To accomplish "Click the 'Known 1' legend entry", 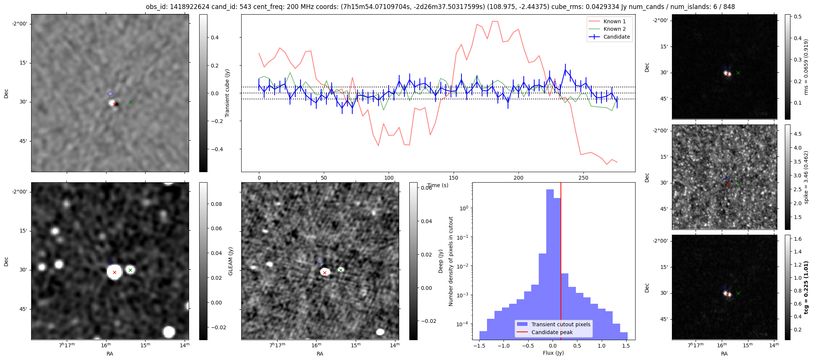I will pyautogui.click(x=614, y=21).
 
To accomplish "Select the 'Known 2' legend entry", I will pyautogui.click(x=614, y=29).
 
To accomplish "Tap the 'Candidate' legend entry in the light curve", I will pyautogui.click(x=616, y=37).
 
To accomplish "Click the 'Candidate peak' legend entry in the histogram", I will pyautogui.click(x=552, y=332).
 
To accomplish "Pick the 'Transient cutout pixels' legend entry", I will pyautogui.click(x=561, y=324).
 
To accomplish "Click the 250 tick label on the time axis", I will pyautogui.click(x=583, y=178).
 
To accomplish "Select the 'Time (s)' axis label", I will pyautogui.click(x=437, y=185).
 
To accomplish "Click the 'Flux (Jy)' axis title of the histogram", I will pyautogui.click(x=553, y=353).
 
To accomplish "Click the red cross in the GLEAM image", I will pyautogui.click(x=114, y=272).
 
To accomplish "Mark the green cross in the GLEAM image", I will pyautogui.click(x=130, y=270).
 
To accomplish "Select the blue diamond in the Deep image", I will pyautogui.click(x=320, y=262).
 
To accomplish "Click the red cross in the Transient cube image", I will pyautogui.click(x=114, y=104).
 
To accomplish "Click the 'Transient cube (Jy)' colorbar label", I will pyautogui.click(x=227, y=93).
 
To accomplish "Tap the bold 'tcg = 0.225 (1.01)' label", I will pyautogui.click(x=806, y=287).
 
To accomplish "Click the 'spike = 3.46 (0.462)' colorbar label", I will pyautogui.click(x=806, y=177).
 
